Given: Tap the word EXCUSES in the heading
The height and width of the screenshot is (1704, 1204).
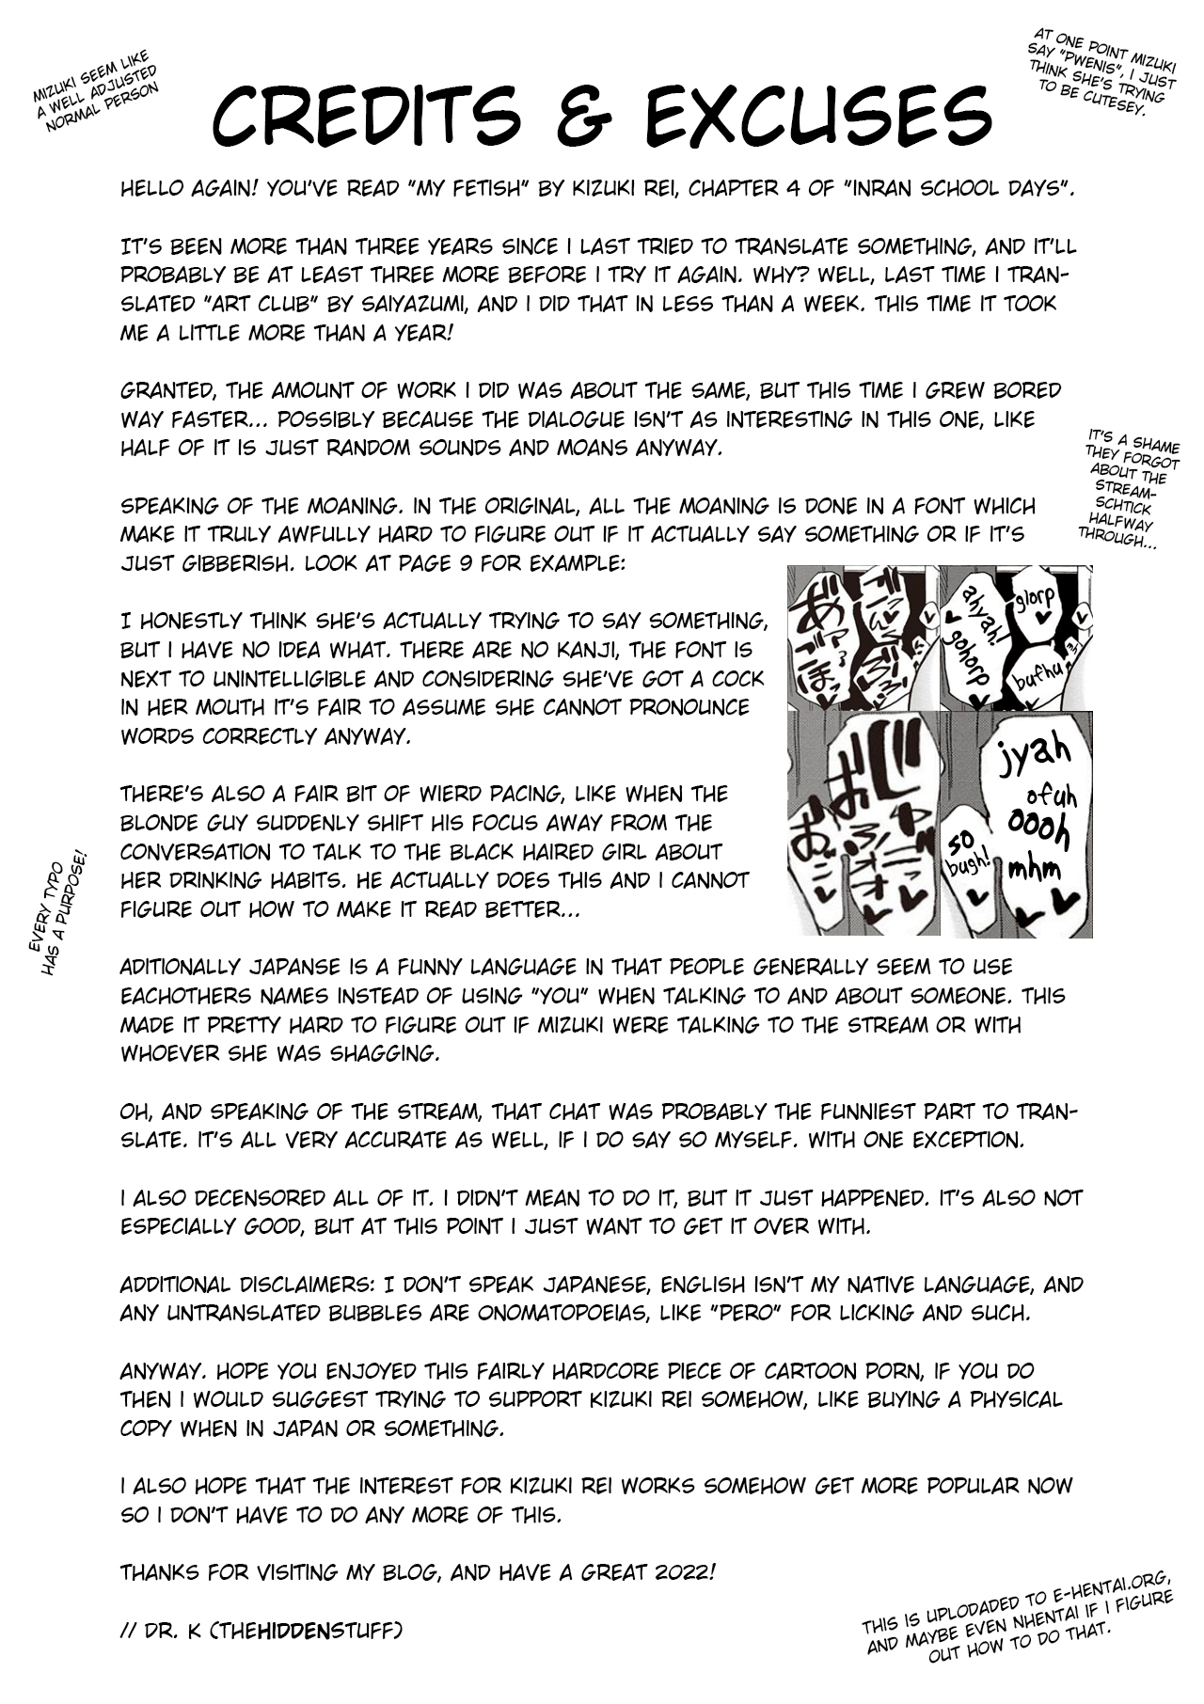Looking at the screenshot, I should coord(818,117).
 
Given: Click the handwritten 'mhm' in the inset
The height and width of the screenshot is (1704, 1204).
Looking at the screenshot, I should coord(1033,868).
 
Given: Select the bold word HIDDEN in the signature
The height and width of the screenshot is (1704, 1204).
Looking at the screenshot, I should coord(296,1630).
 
